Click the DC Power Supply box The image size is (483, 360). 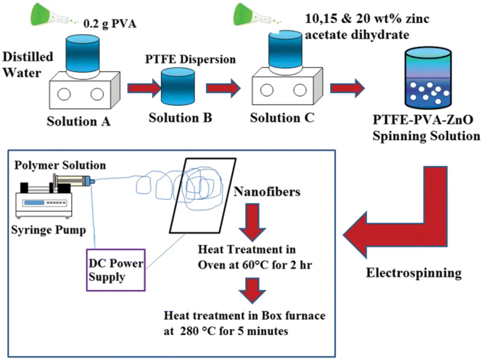115,269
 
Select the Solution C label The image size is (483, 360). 282,118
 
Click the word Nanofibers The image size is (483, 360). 267,191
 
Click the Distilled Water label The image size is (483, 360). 28,65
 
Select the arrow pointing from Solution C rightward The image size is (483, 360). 347,88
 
